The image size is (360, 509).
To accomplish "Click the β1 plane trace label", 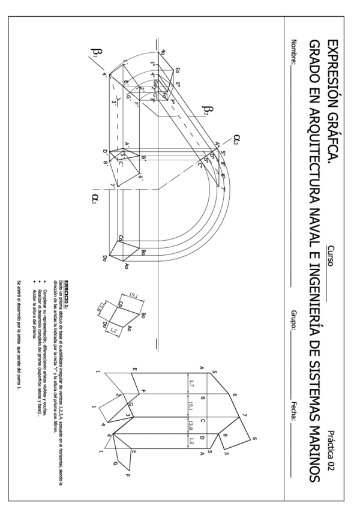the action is (97, 55).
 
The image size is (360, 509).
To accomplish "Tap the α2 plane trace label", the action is (237, 140).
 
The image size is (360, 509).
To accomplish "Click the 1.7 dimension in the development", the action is (190, 382).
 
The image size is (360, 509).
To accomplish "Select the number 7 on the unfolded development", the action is (245, 414).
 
